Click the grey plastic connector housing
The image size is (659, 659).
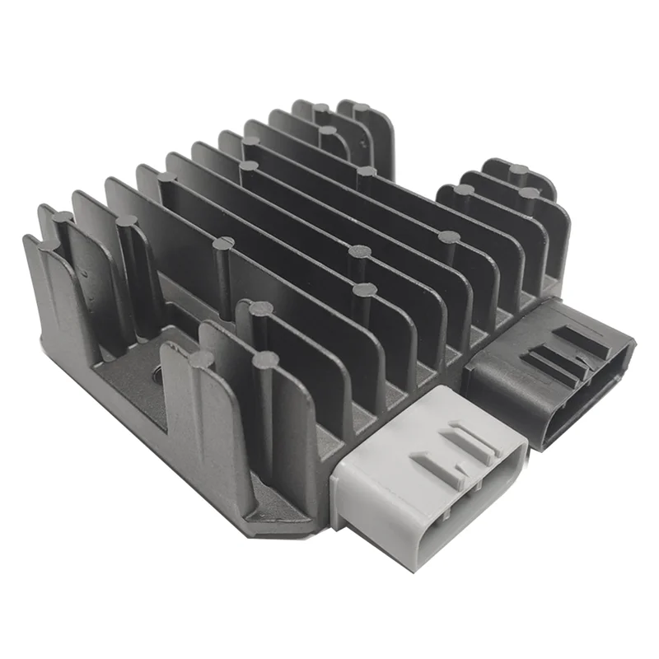coord(428,486)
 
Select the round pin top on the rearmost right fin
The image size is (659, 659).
coord(518,171)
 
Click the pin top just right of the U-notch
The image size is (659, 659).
coord(200,360)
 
